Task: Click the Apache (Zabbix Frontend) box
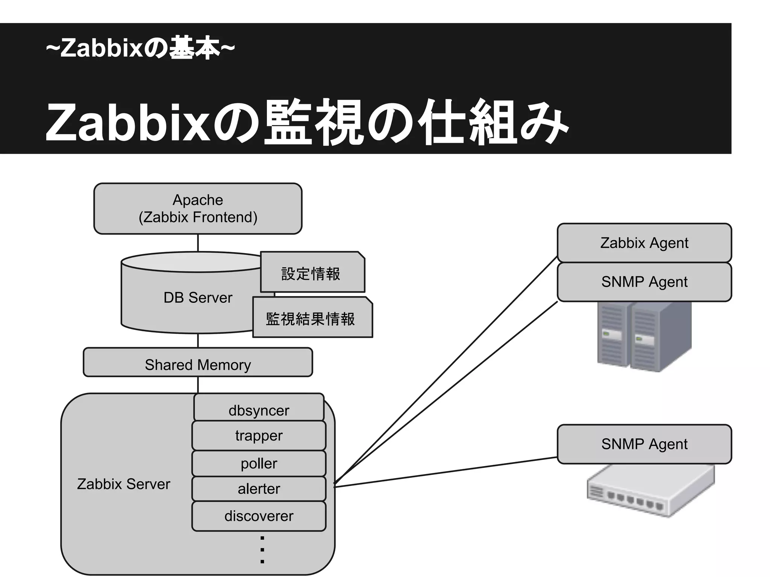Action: pyautogui.click(x=198, y=208)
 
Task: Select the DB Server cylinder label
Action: pyautogui.click(x=198, y=298)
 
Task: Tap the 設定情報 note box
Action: pyautogui.click(x=312, y=273)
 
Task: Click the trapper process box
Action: pyautogui.click(x=259, y=435)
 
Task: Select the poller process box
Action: pyautogui.click(x=259, y=463)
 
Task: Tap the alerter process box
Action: pyautogui.click(x=259, y=489)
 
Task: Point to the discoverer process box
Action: pyautogui.click(x=259, y=516)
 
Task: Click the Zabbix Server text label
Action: pyautogui.click(x=123, y=484)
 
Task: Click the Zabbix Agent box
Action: pyautogui.click(x=644, y=243)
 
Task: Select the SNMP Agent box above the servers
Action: pyautogui.click(x=644, y=282)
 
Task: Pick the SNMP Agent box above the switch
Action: pyautogui.click(x=644, y=444)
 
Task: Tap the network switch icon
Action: pyautogui.click(x=650, y=490)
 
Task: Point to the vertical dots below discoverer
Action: pyautogui.click(x=262, y=550)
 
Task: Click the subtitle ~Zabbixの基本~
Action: pyautogui.click(x=140, y=48)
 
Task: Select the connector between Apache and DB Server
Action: pyautogui.click(x=198, y=243)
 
